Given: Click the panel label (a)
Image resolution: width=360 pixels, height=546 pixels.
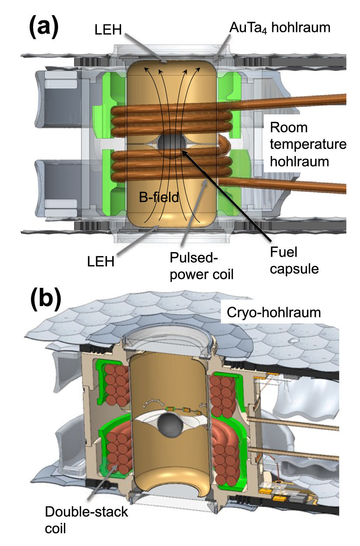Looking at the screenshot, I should click(44, 27).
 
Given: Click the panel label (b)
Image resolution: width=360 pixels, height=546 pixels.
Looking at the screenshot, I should click(45, 299).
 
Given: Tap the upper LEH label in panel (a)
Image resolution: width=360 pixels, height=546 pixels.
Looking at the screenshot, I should click(108, 30).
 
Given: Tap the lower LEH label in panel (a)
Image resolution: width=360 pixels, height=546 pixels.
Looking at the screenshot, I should click(100, 262).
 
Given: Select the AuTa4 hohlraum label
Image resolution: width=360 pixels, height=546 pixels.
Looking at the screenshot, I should click(280, 27).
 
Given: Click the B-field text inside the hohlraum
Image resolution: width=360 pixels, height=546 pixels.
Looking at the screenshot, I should click(159, 197).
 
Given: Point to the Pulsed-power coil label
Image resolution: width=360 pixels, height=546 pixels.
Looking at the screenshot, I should click(201, 266).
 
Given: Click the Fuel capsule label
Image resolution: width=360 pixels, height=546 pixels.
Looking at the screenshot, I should click(294, 260).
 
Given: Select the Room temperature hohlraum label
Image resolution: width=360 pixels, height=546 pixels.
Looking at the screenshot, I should click(308, 144).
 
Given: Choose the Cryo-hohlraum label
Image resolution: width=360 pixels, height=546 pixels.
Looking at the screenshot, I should click(274, 312).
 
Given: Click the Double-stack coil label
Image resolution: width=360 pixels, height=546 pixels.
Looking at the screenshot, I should click(86, 520).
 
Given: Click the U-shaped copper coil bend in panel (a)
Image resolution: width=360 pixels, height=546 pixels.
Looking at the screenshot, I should click(225, 145).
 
